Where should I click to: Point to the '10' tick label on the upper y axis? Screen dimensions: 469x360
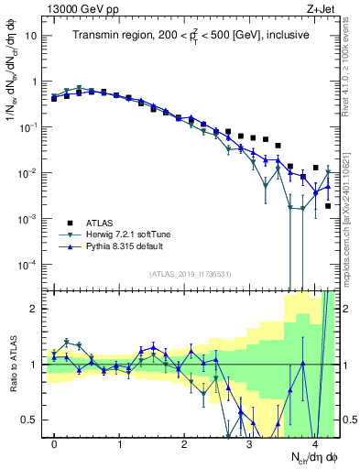click(32, 36)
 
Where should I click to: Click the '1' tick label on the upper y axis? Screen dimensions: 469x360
click(35, 82)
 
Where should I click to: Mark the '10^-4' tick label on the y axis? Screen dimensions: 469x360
click(29, 265)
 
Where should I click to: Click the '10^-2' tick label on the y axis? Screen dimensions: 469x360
click(29, 173)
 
